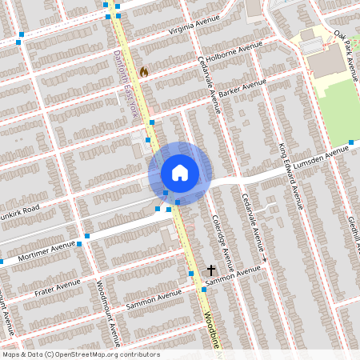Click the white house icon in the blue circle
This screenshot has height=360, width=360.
(180, 173)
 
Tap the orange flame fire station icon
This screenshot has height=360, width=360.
(144, 72)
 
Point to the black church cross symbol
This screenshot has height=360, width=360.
(212, 270)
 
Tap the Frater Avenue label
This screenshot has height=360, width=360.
(60, 286)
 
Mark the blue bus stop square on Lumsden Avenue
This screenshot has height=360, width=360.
(350, 143)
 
